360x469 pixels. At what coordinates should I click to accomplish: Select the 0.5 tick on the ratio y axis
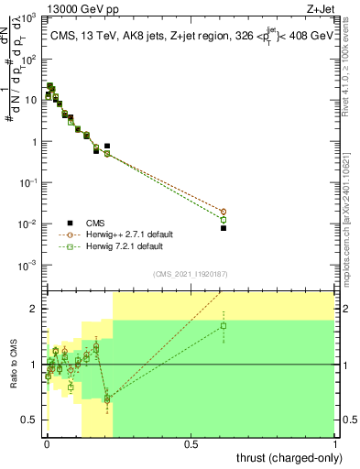pos(32,420)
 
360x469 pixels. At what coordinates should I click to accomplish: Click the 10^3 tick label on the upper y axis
pos(30,18)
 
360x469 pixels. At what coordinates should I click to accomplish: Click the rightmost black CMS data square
pos(223,228)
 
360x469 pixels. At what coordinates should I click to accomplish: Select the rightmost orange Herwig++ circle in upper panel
pos(223,212)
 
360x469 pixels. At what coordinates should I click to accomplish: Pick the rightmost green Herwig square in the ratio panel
pos(223,325)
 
